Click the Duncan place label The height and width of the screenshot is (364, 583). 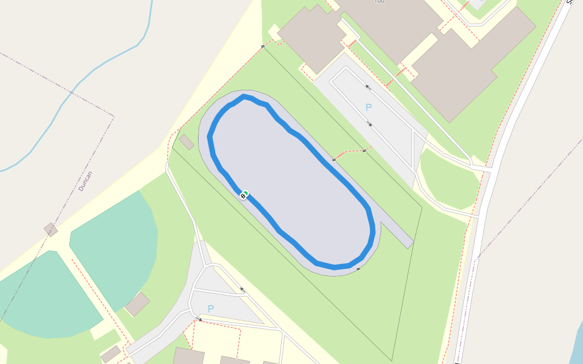tap(86, 181)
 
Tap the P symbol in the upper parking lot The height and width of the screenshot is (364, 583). tap(368, 107)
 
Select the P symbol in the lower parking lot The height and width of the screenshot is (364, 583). tap(211, 309)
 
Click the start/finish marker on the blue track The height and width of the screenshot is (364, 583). tap(244, 195)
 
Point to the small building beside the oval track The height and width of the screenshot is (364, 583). tap(186, 142)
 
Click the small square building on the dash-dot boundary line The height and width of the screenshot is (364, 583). tap(50, 229)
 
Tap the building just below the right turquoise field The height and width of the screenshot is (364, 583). tap(138, 304)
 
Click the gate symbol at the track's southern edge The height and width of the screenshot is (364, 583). tap(358, 268)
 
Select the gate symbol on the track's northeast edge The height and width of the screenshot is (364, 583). tap(334, 160)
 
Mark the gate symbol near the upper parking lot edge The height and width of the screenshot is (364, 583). tap(364, 150)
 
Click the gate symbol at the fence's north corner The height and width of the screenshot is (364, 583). tap(263, 46)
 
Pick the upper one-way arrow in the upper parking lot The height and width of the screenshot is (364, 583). tap(367, 86)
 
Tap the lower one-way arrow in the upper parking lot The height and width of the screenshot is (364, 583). tap(370, 124)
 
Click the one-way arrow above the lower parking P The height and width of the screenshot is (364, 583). tap(242, 289)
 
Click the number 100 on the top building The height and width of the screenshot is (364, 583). tap(379, 2)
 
